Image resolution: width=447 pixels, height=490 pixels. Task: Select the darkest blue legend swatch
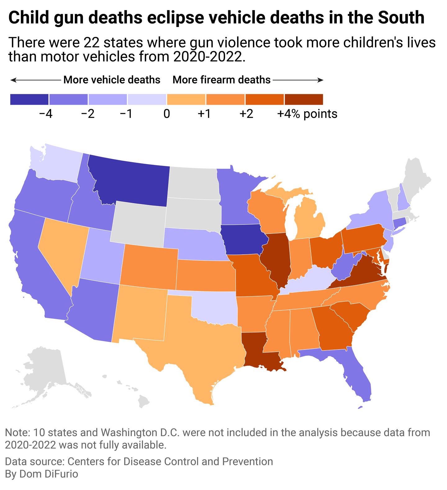pyautogui.click(x=29, y=100)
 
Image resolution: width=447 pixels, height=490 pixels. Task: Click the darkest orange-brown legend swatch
pyautogui.click(x=304, y=100)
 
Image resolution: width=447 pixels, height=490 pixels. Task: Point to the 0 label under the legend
pyautogui.click(x=167, y=114)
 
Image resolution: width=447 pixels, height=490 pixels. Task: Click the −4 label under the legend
pyautogui.click(x=46, y=114)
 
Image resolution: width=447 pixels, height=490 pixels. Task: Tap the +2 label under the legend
pyautogui.click(x=246, y=114)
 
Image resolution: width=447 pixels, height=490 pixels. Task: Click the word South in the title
pyautogui.click(x=401, y=18)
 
